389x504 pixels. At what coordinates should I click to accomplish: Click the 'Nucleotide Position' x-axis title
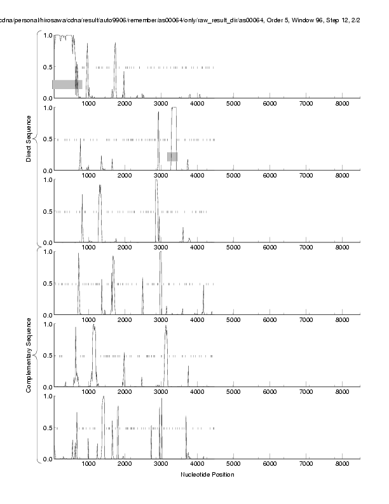pyautogui.click(x=207, y=475)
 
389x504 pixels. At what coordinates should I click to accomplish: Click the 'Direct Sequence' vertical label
pyautogui.click(x=29, y=138)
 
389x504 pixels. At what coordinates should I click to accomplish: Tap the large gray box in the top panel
pyautogui.click(x=67, y=84)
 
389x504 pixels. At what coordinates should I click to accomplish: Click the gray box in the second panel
pyautogui.click(x=172, y=157)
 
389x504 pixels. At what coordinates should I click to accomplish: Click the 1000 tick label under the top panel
pyautogui.click(x=88, y=105)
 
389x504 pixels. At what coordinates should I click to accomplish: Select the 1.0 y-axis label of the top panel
pyautogui.click(x=47, y=36)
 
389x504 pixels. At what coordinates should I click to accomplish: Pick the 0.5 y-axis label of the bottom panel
pyautogui.click(x=47, y=428)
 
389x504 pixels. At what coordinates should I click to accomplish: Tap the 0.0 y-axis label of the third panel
pyautogui.click(x=47, y=242)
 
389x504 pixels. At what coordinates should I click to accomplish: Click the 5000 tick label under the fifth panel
pyautogui.click(x=234, y=394)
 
